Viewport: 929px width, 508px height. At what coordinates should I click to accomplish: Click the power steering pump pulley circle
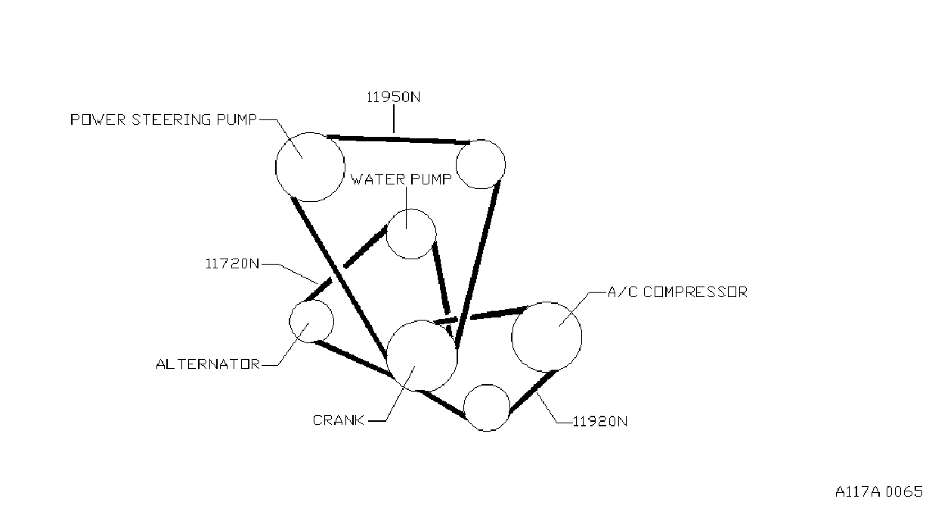point(276,167)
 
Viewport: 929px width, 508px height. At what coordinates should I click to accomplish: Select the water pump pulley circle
point(386,234)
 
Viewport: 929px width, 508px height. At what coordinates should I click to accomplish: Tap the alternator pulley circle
point(290,321)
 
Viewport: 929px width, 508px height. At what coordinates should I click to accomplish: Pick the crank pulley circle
point(387,356)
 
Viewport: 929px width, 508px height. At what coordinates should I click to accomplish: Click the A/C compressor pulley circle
point(512,337)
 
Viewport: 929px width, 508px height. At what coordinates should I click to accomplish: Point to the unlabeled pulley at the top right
point(457,164)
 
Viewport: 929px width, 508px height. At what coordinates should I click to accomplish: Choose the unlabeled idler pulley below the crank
point(463,407)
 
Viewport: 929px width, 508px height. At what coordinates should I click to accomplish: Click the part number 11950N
point(393,97)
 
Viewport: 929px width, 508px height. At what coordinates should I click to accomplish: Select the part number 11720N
point(232,264)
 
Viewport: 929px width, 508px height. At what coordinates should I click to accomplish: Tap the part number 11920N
point(600,421)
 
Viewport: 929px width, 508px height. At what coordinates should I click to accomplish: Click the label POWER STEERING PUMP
point(164,119)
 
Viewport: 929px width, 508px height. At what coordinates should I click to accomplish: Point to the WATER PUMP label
point(401,179)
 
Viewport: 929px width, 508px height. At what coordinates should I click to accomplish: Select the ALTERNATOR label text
point(208,364)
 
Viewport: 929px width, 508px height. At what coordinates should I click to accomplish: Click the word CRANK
point(339,420)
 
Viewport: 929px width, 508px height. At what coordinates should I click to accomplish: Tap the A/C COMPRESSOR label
point(678,292)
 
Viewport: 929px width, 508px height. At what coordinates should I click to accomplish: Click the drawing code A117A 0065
point(879,491)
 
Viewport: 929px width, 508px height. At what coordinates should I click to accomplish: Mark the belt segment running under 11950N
point(398,139)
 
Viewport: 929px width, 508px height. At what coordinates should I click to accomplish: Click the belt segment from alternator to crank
point(353,359)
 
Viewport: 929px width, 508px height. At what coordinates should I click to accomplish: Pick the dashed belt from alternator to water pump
point(346,263)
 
